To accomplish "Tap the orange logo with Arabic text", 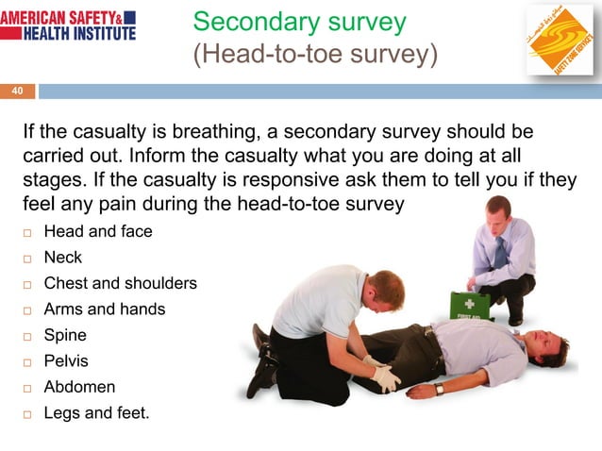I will [x=558, y=41].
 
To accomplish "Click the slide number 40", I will [x=17, y=91].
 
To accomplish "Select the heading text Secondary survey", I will [x=299, y=22].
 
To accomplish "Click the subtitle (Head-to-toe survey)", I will [x=315, y=56].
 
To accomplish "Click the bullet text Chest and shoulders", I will [x=120, y=283].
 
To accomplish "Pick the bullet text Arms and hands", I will [x=104, y=309].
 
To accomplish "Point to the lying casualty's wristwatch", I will [x=440, y=389].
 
